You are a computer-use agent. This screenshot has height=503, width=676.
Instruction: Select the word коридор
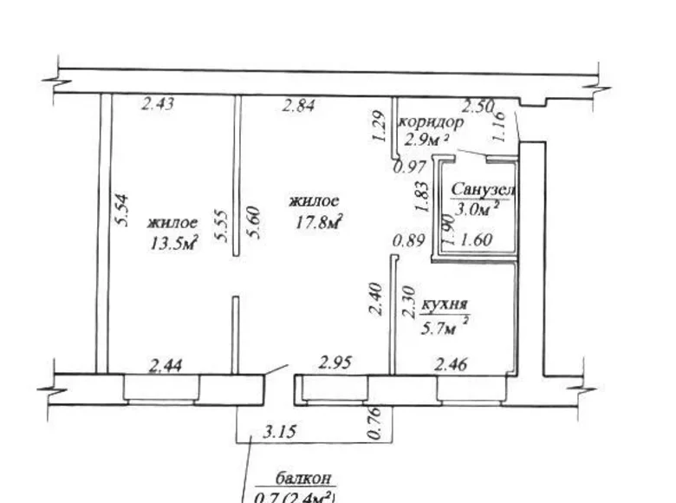point(431,122)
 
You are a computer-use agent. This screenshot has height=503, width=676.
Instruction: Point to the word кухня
point(445,304)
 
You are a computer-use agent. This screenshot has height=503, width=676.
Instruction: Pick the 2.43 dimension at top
point(159,105)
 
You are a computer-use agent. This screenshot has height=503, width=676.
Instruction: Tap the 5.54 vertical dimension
point(122,211)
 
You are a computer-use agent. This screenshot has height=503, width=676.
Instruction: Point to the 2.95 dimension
point(335,363)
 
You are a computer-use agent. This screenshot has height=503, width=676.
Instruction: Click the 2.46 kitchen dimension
point(451,364)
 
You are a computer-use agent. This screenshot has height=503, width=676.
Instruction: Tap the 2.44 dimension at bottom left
point(166,366)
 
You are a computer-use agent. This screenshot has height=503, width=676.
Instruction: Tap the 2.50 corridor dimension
point(478,108)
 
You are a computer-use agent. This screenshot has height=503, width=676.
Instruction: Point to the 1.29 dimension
point(378,127)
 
